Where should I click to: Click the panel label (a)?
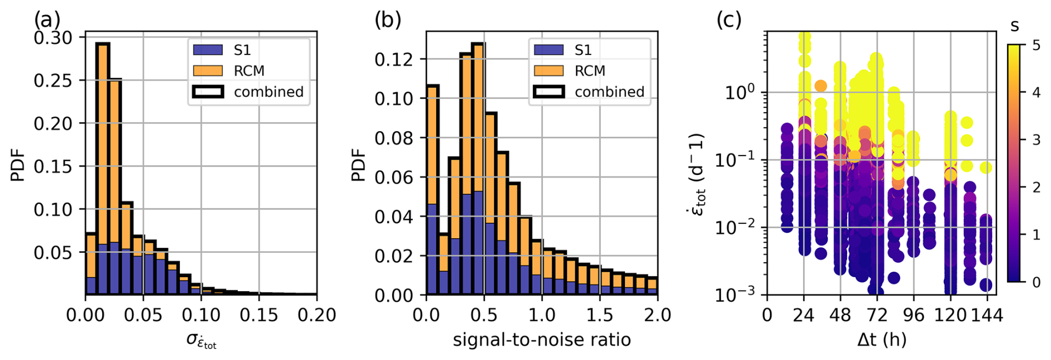point(47,20)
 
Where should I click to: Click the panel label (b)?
point(387,20)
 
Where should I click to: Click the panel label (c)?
point(728,20)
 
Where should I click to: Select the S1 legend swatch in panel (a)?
point(208,50)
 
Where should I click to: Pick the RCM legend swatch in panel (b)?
point(548,71)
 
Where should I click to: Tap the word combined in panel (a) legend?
point(268,92)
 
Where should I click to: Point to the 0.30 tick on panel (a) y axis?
point(53,38)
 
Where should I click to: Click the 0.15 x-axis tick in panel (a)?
point(258,315)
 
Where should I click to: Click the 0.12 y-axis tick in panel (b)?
point(393,59)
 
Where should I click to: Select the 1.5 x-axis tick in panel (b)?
point(599,315)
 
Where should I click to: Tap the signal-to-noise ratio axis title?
point(542,339)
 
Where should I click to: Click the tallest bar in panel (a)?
point(102,167)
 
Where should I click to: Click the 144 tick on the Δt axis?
point(987,315)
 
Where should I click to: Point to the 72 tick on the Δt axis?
point(877,315)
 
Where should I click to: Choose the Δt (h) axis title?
point(882,338)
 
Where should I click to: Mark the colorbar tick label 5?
point(1036,45)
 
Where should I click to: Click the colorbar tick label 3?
point(1036,140)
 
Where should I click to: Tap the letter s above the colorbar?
point(1015,26)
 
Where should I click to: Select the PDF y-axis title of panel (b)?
point(359,164)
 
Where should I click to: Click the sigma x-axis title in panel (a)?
point(201,339)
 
